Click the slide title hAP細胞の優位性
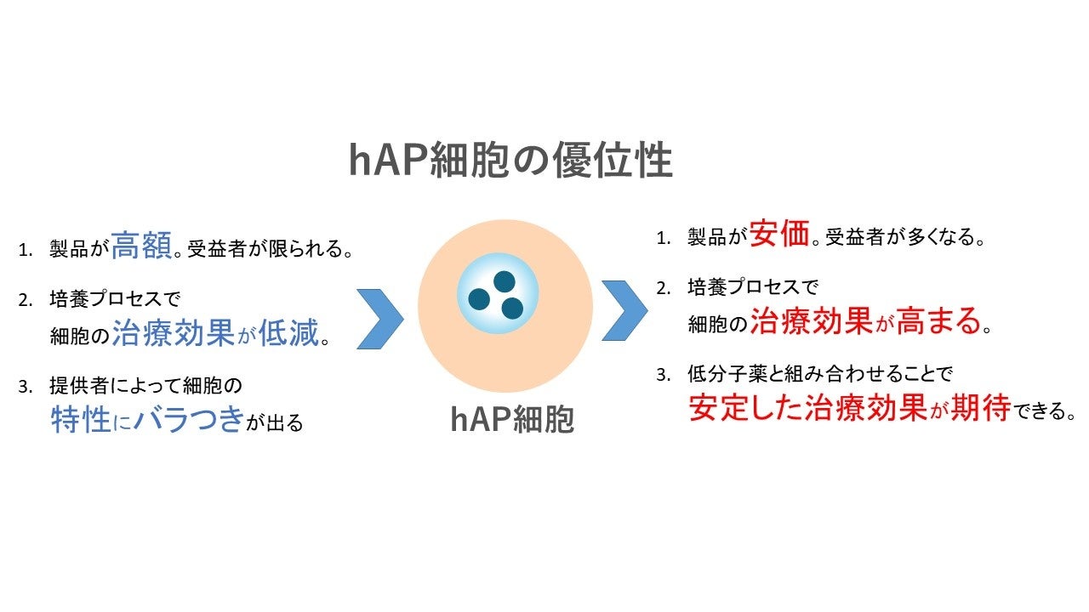tap(510, 160)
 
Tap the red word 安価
tap(779, 234)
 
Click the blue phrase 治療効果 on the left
tap(173, 332)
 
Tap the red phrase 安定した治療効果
tap(807, 408)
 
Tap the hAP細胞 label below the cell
tap(512, 419)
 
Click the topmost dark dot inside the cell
tap(505, 280)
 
